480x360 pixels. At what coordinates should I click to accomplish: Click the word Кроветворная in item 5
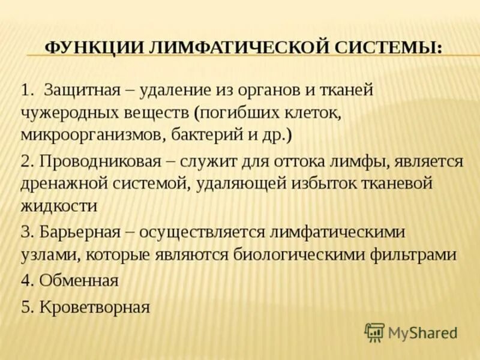point(94,308)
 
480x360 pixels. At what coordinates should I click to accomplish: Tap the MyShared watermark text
point(422,332)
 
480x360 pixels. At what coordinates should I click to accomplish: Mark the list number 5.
point(25,308)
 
